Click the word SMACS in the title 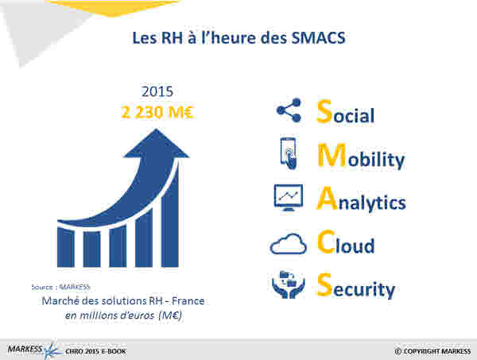318,38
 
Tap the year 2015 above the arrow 157,91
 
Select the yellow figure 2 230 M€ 157,112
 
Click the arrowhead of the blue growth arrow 157,144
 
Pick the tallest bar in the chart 170,213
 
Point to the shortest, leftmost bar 66,248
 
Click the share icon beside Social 289,110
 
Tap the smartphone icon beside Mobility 288,153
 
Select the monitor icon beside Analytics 289,198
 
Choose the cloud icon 288,244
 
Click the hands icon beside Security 288,285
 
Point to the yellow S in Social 324,111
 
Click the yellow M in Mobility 332,156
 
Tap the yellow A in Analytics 328,199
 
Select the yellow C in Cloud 326,242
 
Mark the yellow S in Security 324,285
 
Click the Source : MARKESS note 61,287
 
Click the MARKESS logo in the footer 33,350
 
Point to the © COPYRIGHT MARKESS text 433,351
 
